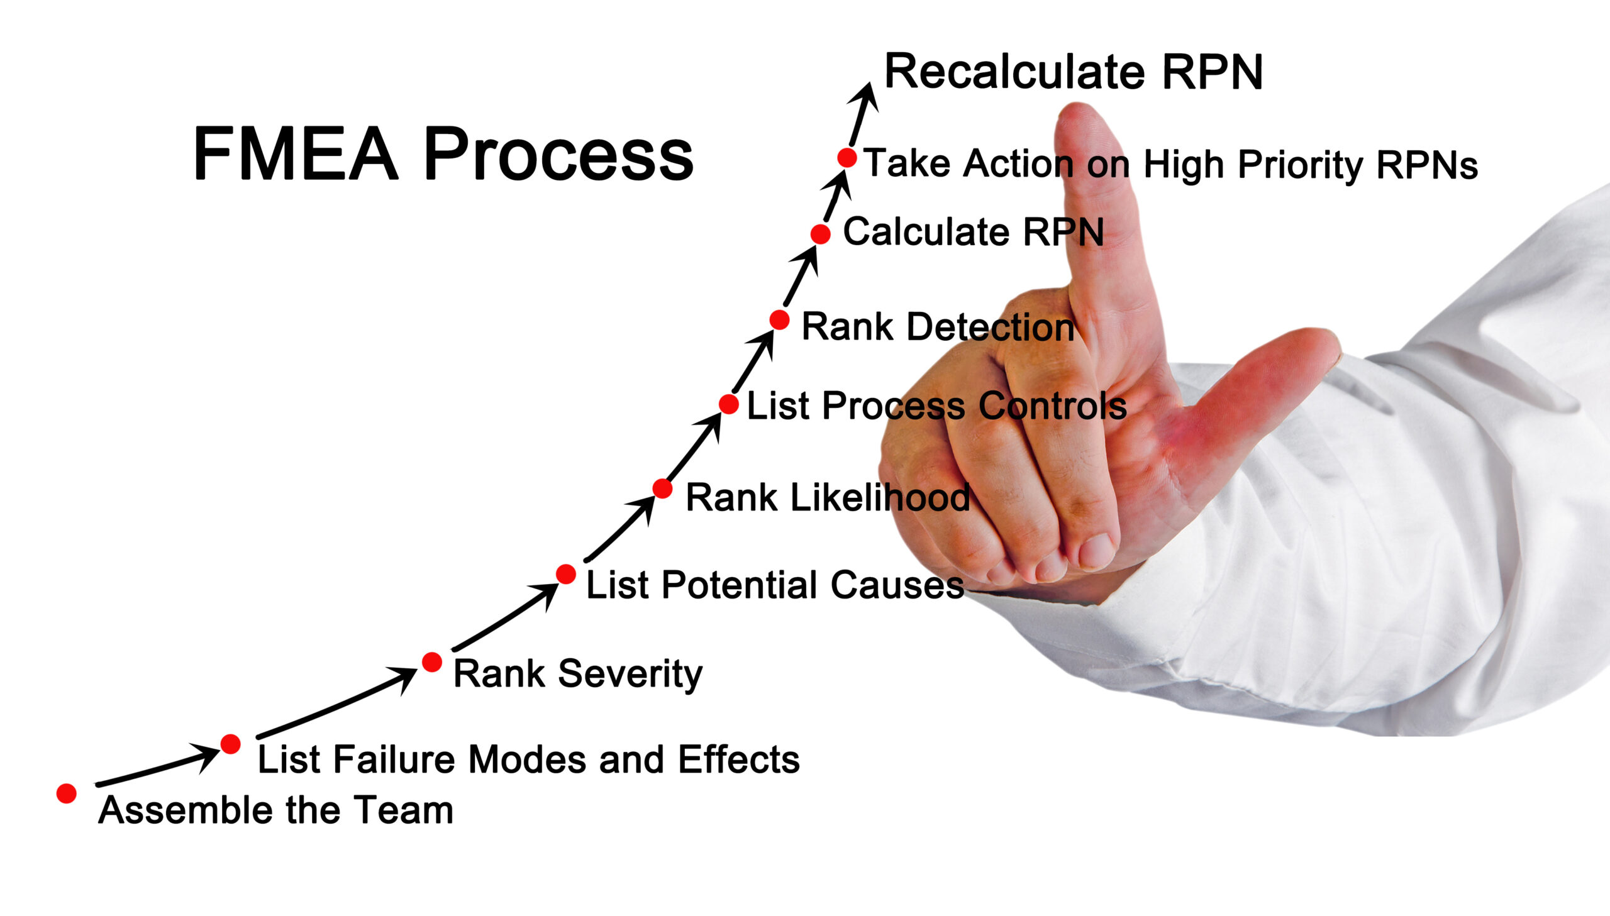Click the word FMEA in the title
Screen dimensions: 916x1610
(296, 153)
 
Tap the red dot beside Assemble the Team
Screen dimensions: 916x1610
(67, 793)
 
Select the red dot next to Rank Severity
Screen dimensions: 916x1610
(431, 662)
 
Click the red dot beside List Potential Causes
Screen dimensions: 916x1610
(565, 574)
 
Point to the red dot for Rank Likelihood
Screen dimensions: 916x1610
(662, 488)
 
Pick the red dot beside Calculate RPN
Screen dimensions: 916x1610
(820, 234)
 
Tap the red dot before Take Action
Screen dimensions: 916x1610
(847, 157)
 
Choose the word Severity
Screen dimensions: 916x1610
(630, 674)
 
